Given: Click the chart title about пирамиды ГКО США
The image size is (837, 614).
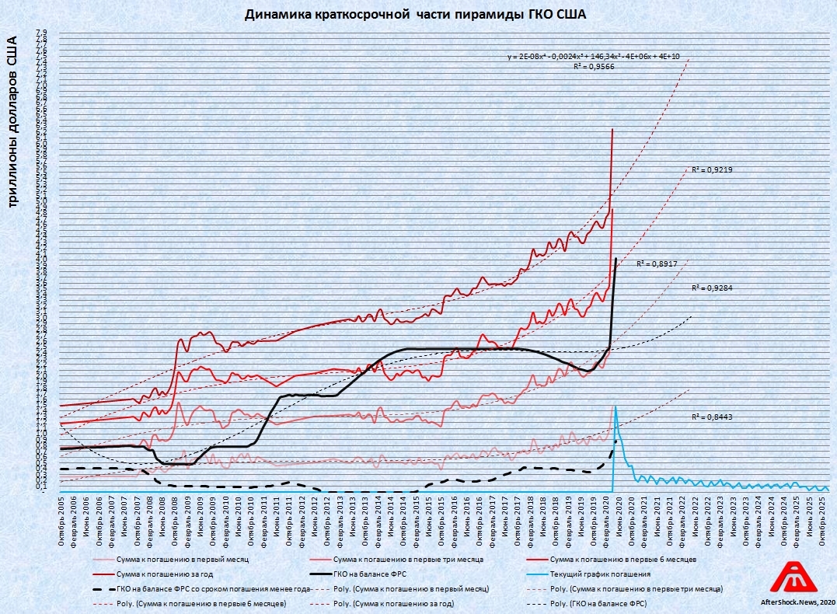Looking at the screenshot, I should (x=415, y=14).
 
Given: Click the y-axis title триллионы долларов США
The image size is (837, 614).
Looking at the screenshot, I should (x=12, y=120).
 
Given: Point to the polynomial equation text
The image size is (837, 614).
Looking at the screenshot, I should (x=593, y=57).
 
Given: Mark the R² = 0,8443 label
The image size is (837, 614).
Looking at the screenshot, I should (x=712, y=417).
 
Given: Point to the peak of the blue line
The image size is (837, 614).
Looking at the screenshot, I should (x=616, y=406).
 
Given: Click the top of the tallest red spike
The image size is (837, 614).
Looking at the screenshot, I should (x=613, y=129).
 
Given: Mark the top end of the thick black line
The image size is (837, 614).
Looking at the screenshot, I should (x=616, y=258).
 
